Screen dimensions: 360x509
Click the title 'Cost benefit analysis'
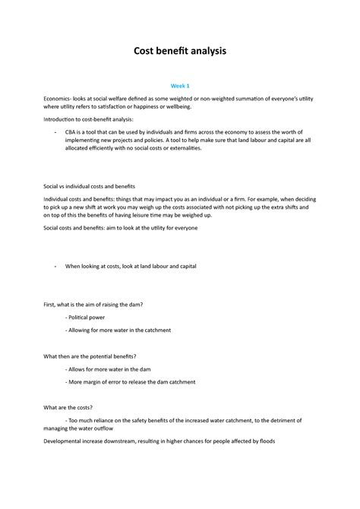(x=180, y=51)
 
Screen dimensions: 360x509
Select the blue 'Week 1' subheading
(x=180, y=86)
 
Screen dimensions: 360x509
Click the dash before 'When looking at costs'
(x=56, y=267)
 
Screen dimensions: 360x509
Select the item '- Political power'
(x=85, y=317)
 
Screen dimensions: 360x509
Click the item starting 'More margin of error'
(x=132, y=381)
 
